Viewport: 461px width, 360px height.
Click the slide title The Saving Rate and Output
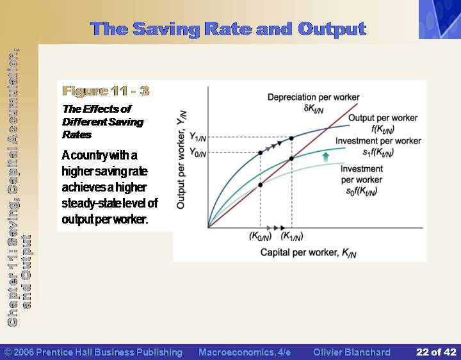(x=229, y=29)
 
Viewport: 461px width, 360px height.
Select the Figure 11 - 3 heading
(x=106, y=91)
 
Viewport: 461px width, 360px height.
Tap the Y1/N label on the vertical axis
(x=198, y=137)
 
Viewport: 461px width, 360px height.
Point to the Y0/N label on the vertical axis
(x=198, y=152)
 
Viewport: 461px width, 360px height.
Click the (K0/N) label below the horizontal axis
(x=260, y=236)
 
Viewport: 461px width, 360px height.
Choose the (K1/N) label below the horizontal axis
(x=292, y=236)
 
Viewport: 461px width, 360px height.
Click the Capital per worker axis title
(x=309, y=253)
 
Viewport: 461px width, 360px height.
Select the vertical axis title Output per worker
(x=181, y=160)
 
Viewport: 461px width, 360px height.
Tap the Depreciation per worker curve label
(x=313, y=97)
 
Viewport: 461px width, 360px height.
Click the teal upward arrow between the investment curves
(x=325, y=157)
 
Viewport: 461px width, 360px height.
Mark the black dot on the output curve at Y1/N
(x=291, y=138)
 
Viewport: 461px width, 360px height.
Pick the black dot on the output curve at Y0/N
(x=260, y=153)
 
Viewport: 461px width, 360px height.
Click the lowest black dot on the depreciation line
(x=260, y=185)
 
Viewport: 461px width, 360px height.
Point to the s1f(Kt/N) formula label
(x=378, y=152)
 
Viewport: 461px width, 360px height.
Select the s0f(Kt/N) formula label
(x=362, y=192)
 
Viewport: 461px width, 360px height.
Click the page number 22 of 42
(x=436, y=352)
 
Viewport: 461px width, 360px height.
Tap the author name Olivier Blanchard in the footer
(x=352, y=352)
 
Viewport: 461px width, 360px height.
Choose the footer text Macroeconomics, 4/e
(x=245, y=352)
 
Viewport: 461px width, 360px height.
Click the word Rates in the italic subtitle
(x=77, y=135)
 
